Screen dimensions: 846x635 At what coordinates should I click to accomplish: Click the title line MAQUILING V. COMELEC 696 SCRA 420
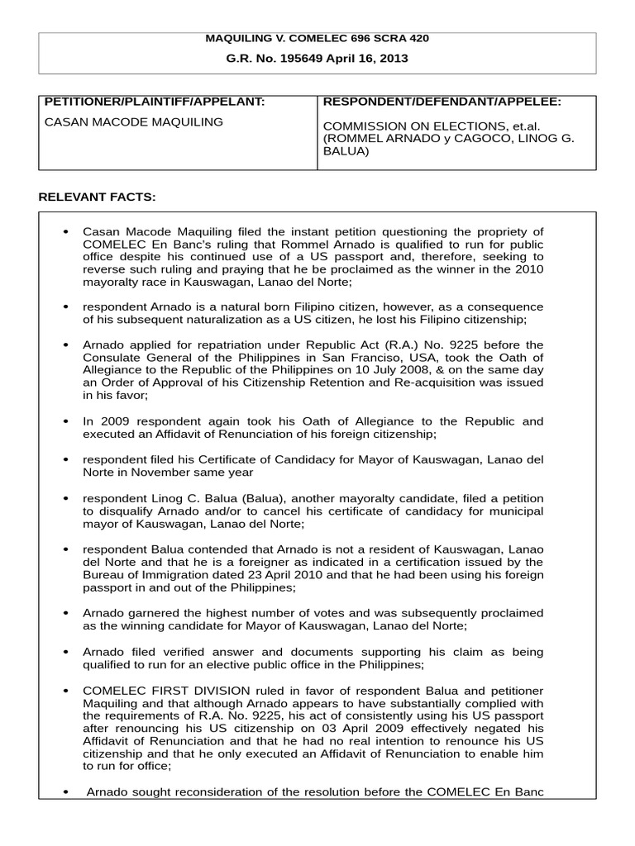317,38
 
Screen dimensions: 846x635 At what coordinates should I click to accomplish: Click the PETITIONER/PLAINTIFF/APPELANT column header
154,102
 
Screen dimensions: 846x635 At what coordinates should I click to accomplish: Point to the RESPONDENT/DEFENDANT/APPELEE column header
442,102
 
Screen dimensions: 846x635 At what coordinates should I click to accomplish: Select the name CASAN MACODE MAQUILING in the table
133,122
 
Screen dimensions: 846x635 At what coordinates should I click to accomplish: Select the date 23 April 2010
283,575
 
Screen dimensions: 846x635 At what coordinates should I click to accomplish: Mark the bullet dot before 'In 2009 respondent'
65,421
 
